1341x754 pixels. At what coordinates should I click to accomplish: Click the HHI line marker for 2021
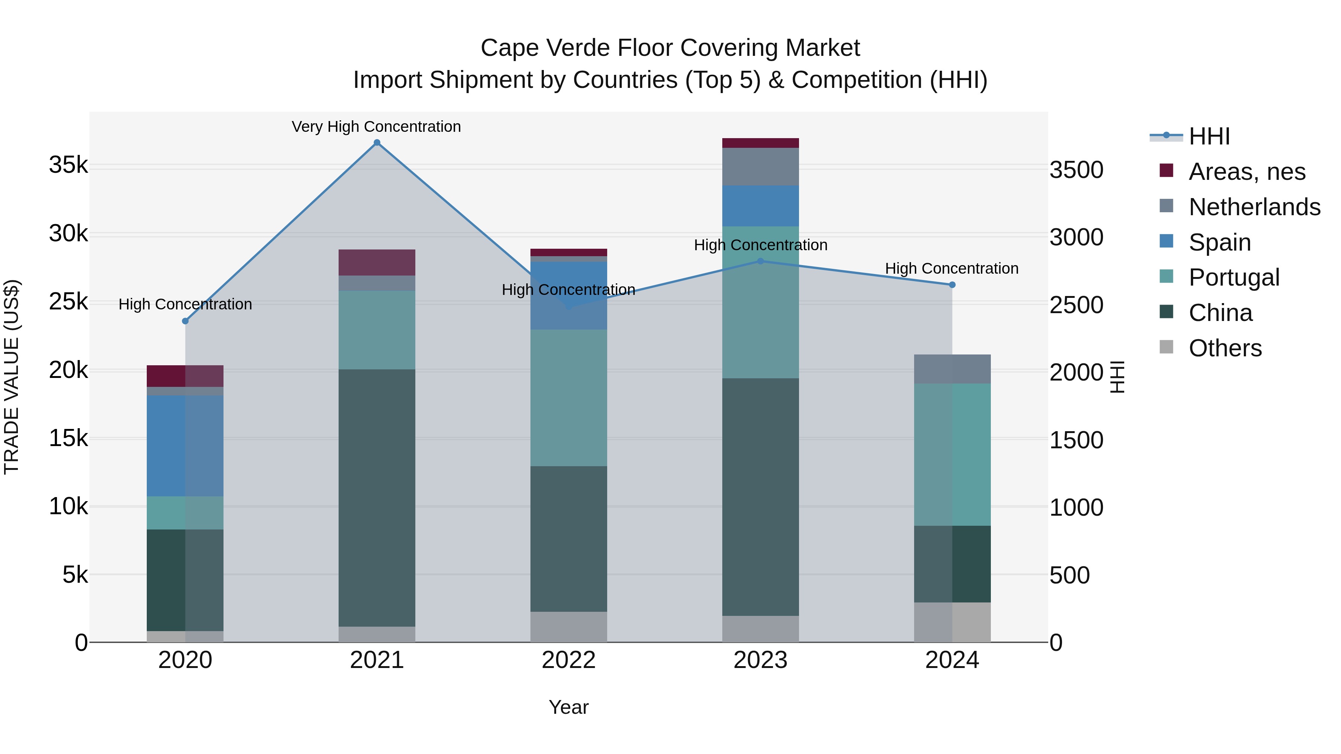[x=377, y=143]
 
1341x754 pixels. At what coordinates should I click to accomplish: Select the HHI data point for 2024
[x=952, y=284]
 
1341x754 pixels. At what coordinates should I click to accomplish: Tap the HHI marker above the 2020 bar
[x=186, y=321]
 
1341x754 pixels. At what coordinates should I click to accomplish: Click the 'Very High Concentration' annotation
[x=376, y=127]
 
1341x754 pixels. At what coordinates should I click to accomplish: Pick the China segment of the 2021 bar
[x=377, y=497]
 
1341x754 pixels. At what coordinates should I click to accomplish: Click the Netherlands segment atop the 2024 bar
[x=952, y=369]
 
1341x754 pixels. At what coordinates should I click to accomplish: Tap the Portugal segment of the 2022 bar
[x=568, y=398]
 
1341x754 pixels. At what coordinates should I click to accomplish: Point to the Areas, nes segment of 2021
[x=377, y=262]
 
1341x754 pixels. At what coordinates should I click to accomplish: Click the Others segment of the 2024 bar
[x=952, y=622]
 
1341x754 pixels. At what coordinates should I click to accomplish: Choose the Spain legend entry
[x=1220, y=242]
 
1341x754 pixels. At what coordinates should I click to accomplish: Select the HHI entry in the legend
[x=1209, y=136]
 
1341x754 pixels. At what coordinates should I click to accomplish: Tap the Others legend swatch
[x=1167, y=347]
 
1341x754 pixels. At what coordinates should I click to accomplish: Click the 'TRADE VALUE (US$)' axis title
[x=12, y=377]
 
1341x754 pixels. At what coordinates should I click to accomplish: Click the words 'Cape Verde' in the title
[x=545, y=48]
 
